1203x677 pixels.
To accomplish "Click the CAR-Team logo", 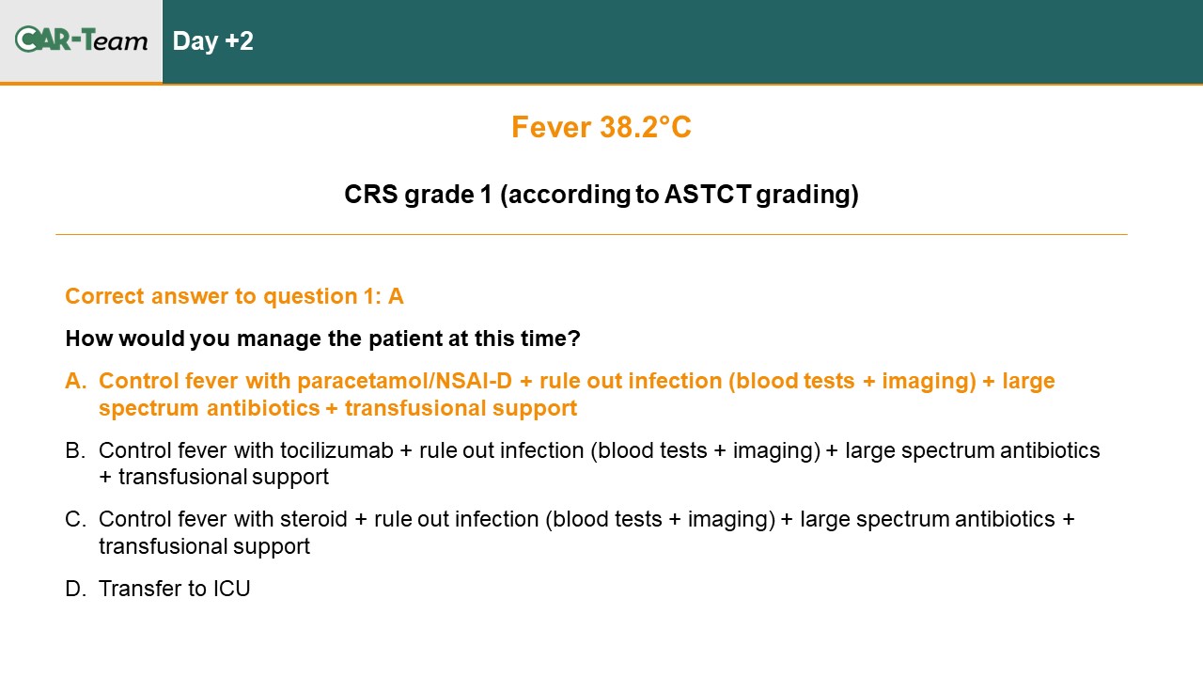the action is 81,39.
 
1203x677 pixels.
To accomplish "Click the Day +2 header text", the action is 212,41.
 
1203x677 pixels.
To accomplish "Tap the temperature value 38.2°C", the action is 646,127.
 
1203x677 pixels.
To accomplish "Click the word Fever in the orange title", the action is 551,127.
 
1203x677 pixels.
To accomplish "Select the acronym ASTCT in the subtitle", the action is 708,195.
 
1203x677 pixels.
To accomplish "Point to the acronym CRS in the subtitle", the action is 371,195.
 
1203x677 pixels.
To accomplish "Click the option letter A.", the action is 76,381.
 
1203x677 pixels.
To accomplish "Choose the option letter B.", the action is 75,450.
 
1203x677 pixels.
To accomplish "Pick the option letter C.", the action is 76,520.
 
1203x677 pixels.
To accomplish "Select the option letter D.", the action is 76,589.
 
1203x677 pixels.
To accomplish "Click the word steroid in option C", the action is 314,520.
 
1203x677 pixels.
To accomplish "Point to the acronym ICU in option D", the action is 232,589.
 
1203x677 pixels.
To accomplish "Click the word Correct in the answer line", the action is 104,296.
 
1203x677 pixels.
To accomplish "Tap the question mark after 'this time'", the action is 574,338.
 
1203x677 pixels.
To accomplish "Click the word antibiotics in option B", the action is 1050,450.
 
